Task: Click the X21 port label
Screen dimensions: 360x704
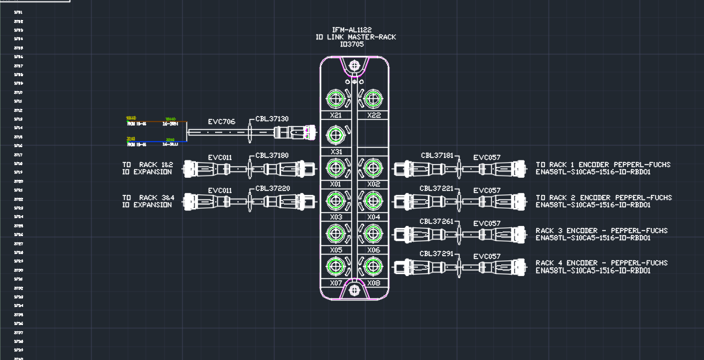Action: (x=336, y=115)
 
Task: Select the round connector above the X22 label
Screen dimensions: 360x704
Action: (x=371, y=98)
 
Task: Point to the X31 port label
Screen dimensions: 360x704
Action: (x=336, y=151)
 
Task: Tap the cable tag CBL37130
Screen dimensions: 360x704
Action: (x=272, y=119)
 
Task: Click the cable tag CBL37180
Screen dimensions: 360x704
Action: (x=272, y=156)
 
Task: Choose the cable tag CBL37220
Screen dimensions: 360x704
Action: (x=272, y=189)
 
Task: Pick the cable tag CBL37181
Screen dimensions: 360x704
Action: (x=437, y=156)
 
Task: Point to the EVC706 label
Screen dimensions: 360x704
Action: (x=222, y=123)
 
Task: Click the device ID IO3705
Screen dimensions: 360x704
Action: (x=352, y=44)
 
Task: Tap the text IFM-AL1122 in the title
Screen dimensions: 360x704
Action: (x=352, y=29)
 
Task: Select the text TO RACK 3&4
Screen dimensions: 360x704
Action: (x=148, y=197)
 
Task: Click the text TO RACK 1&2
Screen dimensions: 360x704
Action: (x=148, y=165)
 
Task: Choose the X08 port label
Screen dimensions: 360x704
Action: (x=373, y=283)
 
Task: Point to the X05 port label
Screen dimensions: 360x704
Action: (x=336, y=250)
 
